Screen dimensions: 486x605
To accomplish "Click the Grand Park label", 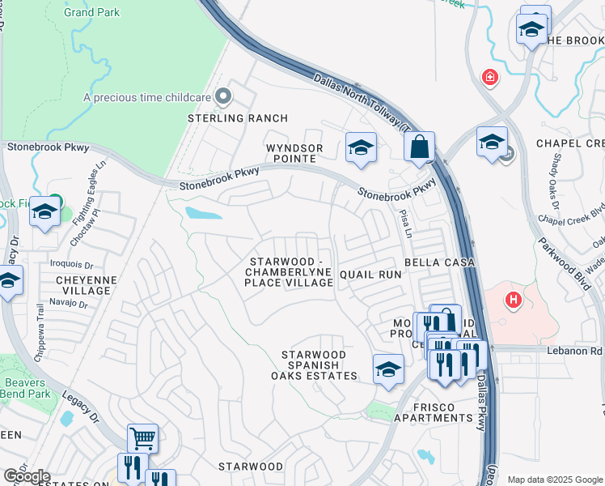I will coord(92,12).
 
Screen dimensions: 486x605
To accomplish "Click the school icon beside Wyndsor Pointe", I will coord(361,147).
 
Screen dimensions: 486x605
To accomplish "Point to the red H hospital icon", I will coord(513,301).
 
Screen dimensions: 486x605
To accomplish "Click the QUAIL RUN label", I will coord(370,275).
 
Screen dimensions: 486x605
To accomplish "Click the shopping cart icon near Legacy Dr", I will coord(142,439).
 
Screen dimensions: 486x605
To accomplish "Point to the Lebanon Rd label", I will coord(581,351).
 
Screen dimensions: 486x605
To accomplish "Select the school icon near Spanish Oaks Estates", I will coord(388,369).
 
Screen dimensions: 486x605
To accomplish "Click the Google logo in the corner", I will coord(26,476).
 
